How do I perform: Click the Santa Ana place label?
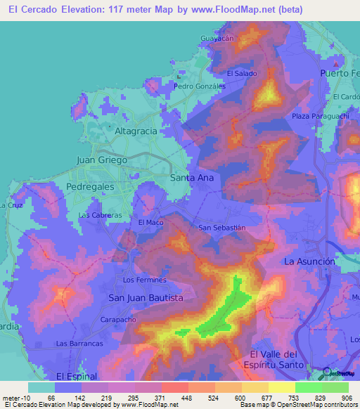[192, 178]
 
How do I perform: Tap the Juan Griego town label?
[101, 160]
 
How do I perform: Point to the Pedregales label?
[89, 187]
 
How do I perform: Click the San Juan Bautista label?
[146, 298]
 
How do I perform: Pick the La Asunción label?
[309, 261]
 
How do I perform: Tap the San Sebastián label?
[221, 228]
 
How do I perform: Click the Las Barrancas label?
[79, 344]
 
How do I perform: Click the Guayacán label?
[217, 38]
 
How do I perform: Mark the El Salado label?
[241, 73]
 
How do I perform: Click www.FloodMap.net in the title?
[260, 11]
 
